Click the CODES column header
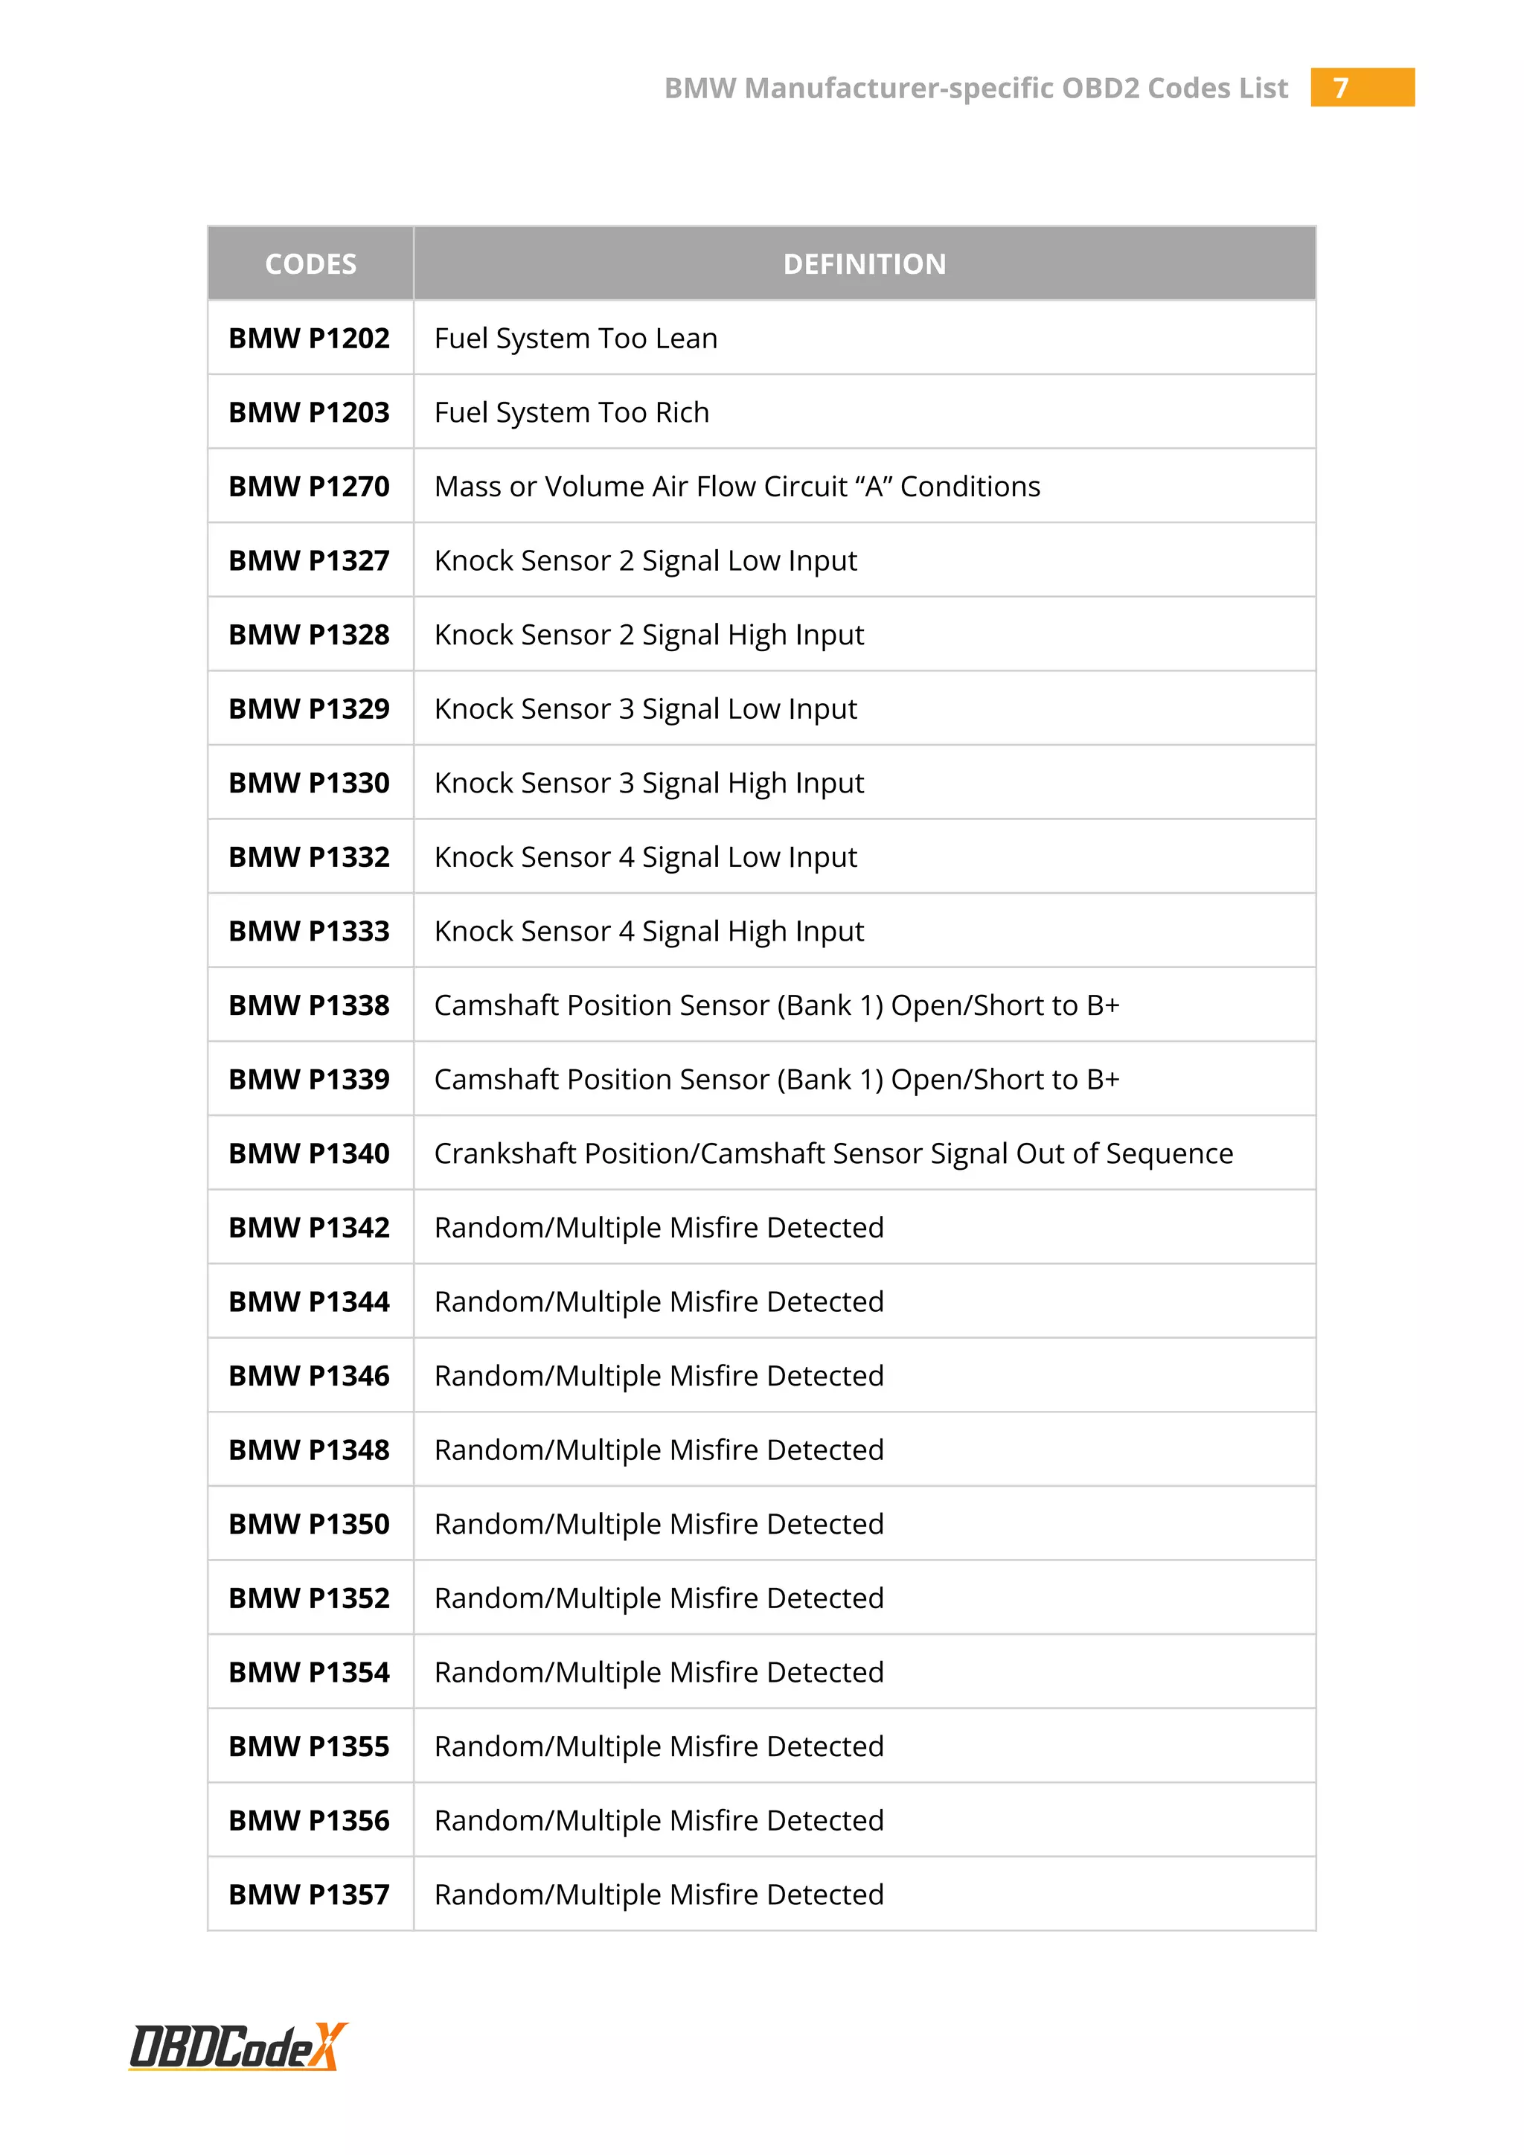pyautogui.click(x=310, y=263)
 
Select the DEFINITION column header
pyautogui.click(x=864, y=263)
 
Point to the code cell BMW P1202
pyautogui.click(x=309, y=338)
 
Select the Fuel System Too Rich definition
pyautogui.click(x=571, y=412)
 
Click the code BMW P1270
pyautogui.click(x=309, y=486)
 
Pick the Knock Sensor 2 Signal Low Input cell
pyautogui.click(x=646, y=560)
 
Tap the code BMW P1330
pyautogui.click(x=309, y=783)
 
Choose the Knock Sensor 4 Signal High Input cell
pyautogui.click(x=648, y=931)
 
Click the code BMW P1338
pyautogui.click(x=309, y=1005)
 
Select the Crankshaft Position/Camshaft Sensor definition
pyautogui.click(x=833, y=1153)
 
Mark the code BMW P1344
pyautogui.click(x=309, y=1301)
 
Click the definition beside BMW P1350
pyautogui.click(x=659, y=1524)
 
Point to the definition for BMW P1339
pyautogui.click(x=777, y=1080)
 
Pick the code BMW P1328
pyautogui.click(x=309, y=635)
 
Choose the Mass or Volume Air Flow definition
pyautogui.click(x=737, y=486)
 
